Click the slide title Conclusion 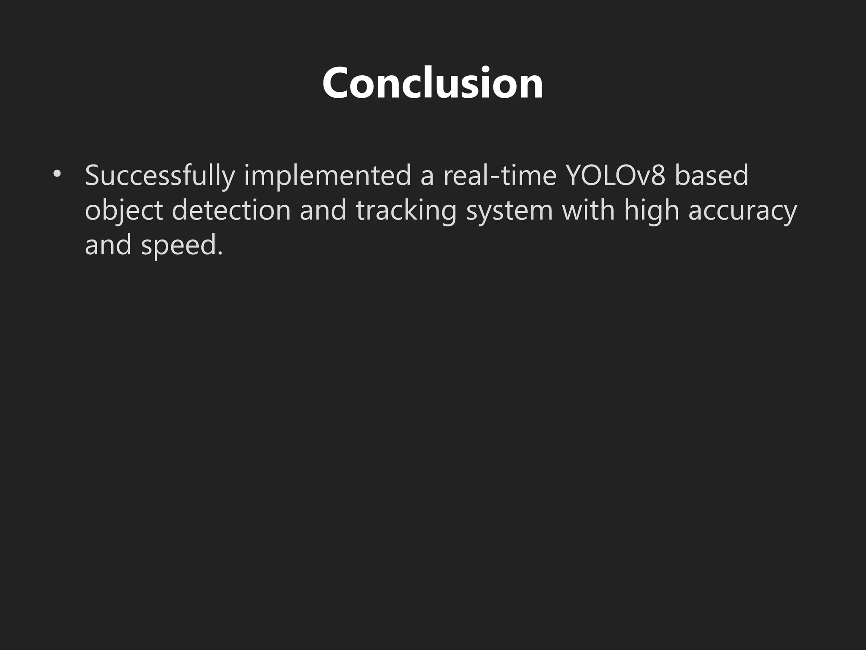click(433, 83)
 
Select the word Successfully click(159, 175)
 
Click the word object click(124, 210)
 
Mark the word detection click(231, 210)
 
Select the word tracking click(406, 210)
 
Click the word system click(510, 210)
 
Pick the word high click(651, 210)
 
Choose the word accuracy click(743, 210)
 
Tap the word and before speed click(108, 245)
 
